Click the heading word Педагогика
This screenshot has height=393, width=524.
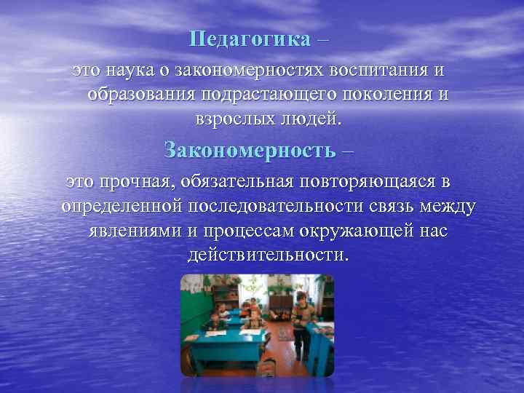tap(249, 39)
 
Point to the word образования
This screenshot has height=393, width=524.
tap(143, 95)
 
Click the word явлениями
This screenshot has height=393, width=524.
tap(139, 231)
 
